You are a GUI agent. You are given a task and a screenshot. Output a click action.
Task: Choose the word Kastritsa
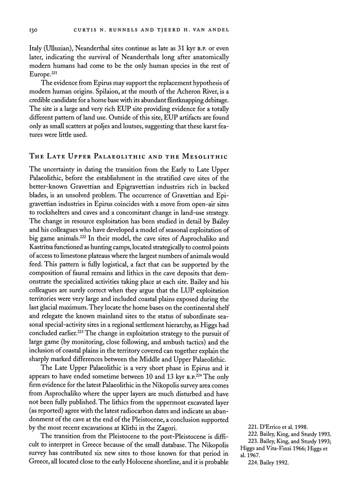(46, 251)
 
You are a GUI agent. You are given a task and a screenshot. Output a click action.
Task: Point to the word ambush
(170, 343)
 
